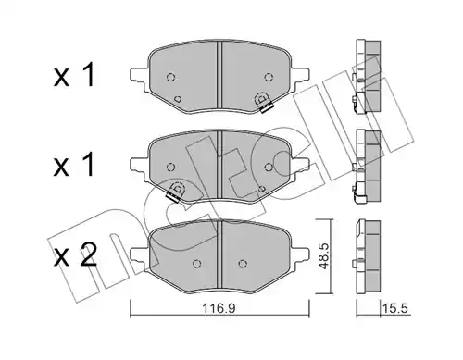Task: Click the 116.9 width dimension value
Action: pyautogui.click(x=219, y=308)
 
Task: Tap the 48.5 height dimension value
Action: pyautogui.click(x=324, y=256)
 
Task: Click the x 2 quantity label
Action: pyautogui.click(x=75, y=255)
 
